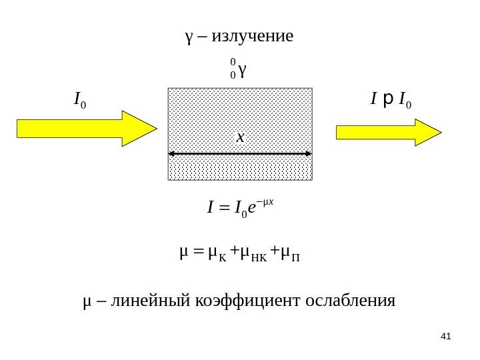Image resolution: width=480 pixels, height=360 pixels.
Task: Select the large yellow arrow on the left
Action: [86, 127]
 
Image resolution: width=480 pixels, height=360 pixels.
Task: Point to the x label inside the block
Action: [240, 138]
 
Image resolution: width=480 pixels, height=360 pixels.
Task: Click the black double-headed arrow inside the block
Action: [240, 155]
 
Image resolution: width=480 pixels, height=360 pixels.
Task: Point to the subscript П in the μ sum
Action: [298, 255]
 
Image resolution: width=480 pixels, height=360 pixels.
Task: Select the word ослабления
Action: [349, 301]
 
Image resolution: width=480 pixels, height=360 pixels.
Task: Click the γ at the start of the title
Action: [189, 36]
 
